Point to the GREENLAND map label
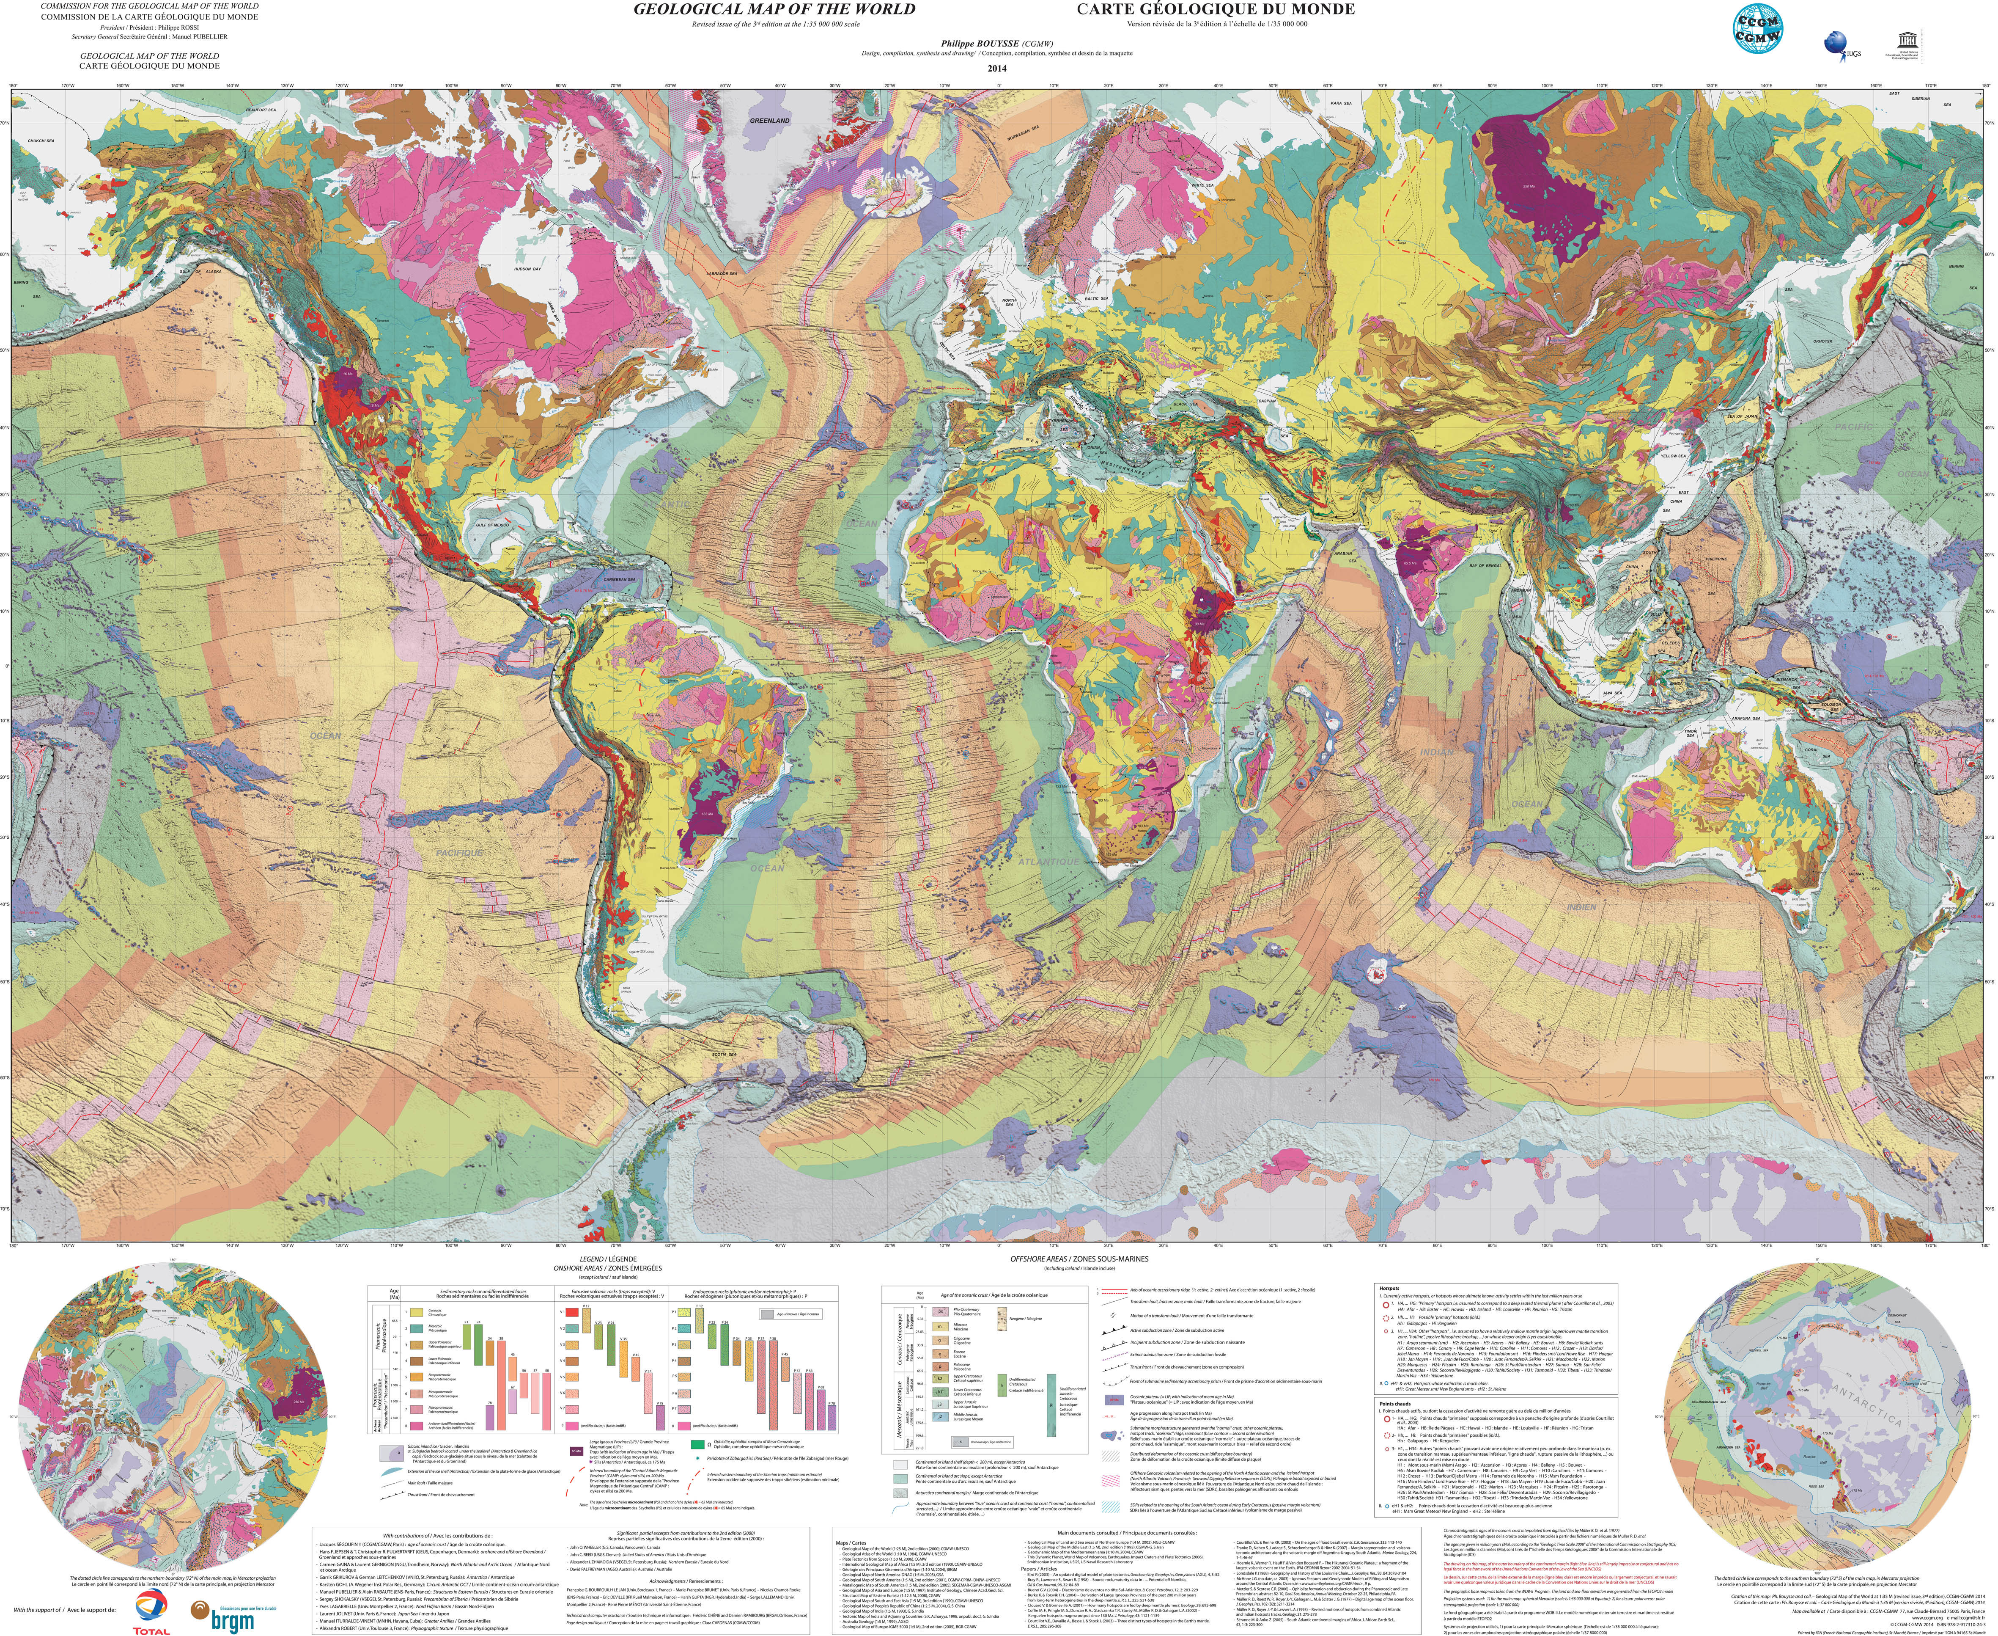[770, 121]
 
